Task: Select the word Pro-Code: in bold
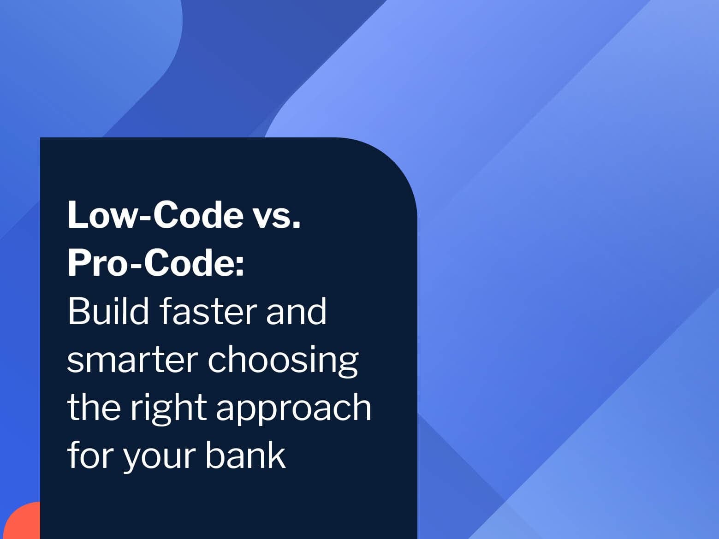click(x=155, y=263)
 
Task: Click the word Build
click(x=108, y=311)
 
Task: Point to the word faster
click(x=208, y=311)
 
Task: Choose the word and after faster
click(x=296, y=311)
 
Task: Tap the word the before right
click(x=94, y=407)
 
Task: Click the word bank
click(x=246, y=455)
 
